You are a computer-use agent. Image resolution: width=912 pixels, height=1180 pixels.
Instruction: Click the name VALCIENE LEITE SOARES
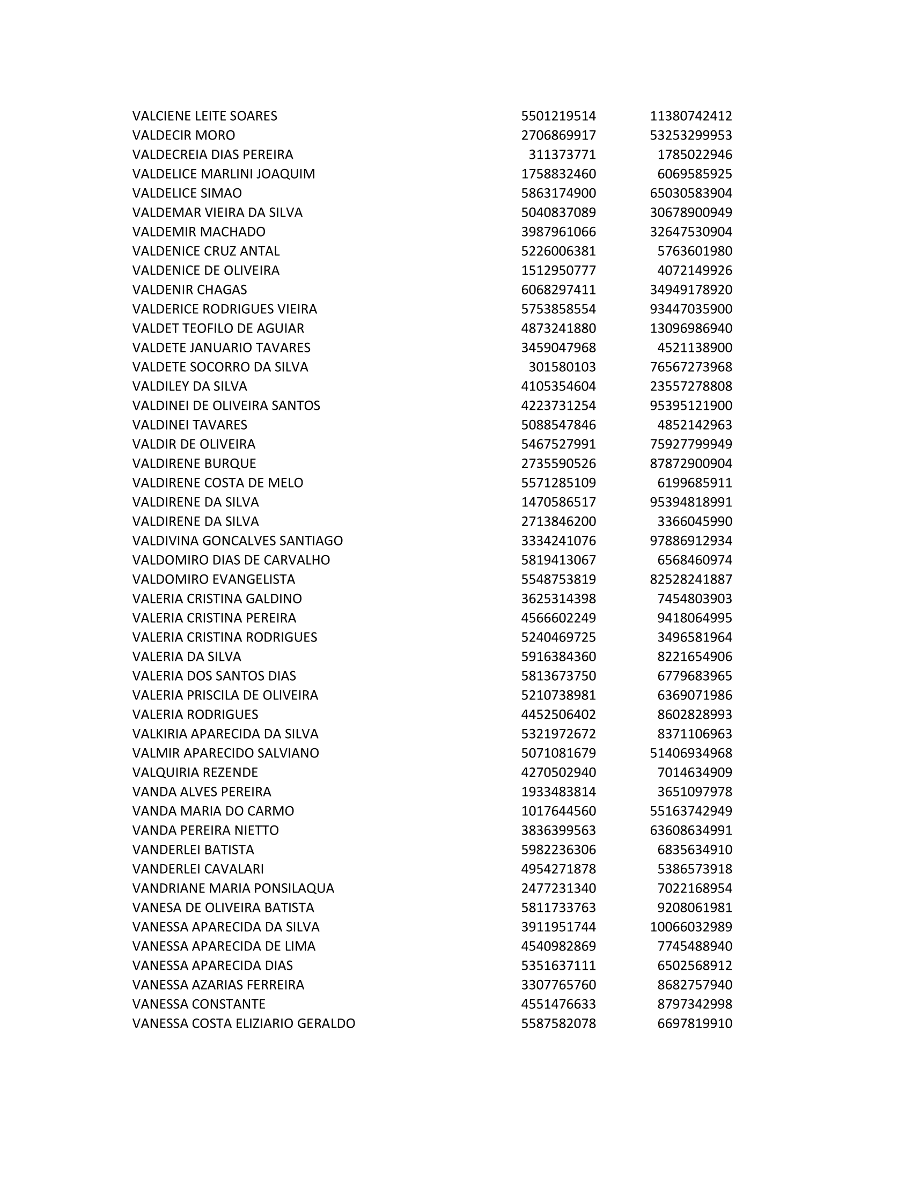[204, 116]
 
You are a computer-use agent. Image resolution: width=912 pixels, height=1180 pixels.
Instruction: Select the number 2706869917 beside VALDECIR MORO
[558, 135]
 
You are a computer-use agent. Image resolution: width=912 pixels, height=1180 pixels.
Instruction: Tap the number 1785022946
[694, 154]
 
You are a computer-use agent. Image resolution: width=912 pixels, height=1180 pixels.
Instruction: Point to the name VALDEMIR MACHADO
[198, 232]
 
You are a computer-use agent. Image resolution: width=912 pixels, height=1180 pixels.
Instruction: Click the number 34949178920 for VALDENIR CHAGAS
[690, 290]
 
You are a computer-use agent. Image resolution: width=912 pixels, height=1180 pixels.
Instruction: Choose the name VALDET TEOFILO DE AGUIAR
[218, 328]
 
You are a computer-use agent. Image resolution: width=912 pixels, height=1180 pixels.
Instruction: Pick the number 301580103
[562, 367]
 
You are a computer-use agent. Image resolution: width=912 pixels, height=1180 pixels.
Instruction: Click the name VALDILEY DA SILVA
[189, 386]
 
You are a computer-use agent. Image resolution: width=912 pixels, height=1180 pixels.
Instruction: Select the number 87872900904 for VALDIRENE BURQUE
[690, 463]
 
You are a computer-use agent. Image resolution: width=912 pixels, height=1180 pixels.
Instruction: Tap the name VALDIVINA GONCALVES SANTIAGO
[237, 541]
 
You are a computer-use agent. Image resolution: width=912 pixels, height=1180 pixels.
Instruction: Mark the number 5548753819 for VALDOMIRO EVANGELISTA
[558, 579]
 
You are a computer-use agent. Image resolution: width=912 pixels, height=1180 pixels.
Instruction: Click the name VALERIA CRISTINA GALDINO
[217, 599]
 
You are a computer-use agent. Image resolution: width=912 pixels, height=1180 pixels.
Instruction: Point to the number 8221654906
[694, 657]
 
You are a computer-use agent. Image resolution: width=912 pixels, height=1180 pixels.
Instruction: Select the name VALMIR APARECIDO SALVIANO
[225, 753]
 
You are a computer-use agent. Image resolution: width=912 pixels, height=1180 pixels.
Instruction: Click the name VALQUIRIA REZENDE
[195, 772]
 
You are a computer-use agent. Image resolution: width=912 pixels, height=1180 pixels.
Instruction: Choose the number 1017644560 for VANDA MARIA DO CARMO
[558, 811]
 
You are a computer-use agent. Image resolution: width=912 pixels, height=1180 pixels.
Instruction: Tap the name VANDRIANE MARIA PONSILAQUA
[233, 888]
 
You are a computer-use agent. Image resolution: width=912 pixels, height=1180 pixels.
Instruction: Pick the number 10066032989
[690, 927]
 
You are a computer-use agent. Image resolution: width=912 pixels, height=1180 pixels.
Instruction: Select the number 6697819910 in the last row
[694, 1023]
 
